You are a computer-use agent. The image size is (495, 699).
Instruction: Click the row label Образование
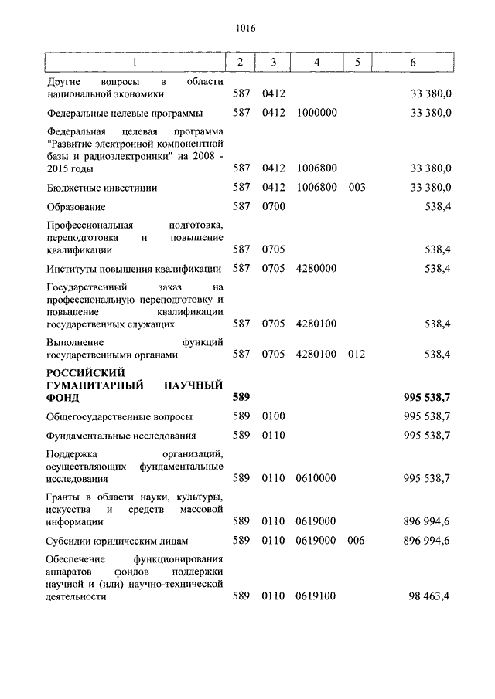tap(76, 208)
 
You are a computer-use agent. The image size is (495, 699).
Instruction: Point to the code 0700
tap(274, 208)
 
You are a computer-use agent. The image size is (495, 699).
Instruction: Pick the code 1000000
tap(316, 113)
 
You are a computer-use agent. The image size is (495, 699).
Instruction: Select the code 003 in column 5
tap(357, 188)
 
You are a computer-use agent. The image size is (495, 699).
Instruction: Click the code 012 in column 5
tap(357, 355)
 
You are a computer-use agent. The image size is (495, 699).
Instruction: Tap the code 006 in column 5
tap(357, 541)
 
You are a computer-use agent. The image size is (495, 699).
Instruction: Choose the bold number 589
tap(241, 399)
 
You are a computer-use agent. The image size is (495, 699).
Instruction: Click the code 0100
tap(274, 417)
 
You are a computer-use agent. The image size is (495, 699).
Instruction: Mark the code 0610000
tap(316, 479)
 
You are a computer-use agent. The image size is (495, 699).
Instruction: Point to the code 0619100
tap(316, 597)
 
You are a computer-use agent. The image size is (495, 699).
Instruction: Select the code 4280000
tap(316, 269)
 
